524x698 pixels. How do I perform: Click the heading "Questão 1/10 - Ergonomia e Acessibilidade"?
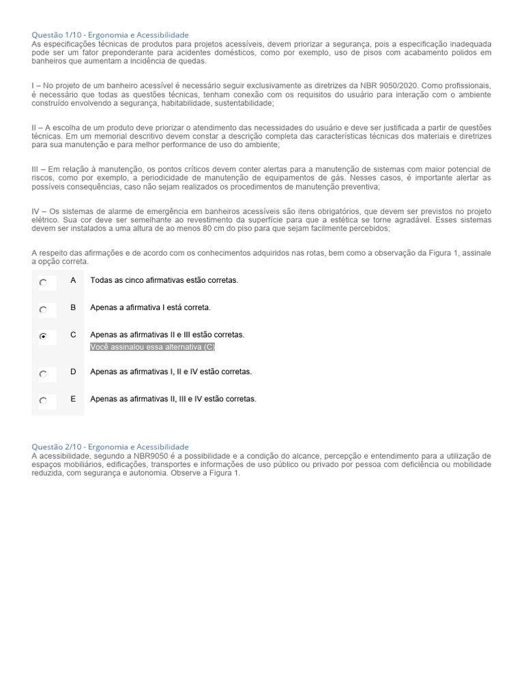coord(111,35)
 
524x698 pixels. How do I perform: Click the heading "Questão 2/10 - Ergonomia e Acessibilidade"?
coord(111,446)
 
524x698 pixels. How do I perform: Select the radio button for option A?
coord(43,282)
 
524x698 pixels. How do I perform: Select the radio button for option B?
coord(43,309)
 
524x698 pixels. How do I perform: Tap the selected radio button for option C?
coord(43,337)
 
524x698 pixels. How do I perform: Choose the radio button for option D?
coord(43,374)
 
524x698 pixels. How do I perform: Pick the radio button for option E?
coord(43,401)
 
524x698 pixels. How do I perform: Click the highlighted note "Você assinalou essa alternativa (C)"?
coord(153,347)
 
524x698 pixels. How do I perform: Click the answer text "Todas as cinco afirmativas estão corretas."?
coord(164,280)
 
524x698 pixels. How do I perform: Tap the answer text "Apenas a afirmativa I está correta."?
coord(150,307)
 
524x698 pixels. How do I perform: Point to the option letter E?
coord(73,399)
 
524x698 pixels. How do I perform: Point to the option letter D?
coord(73,371)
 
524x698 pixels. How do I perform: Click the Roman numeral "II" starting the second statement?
coord(35,127)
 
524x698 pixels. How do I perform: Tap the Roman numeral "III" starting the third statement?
coord(36,169)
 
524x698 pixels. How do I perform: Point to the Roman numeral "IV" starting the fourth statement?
coord(36,211)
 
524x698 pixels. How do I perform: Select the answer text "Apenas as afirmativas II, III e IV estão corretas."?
coord(173,399)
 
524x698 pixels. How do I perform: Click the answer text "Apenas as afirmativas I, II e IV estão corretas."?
coord(171,371)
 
